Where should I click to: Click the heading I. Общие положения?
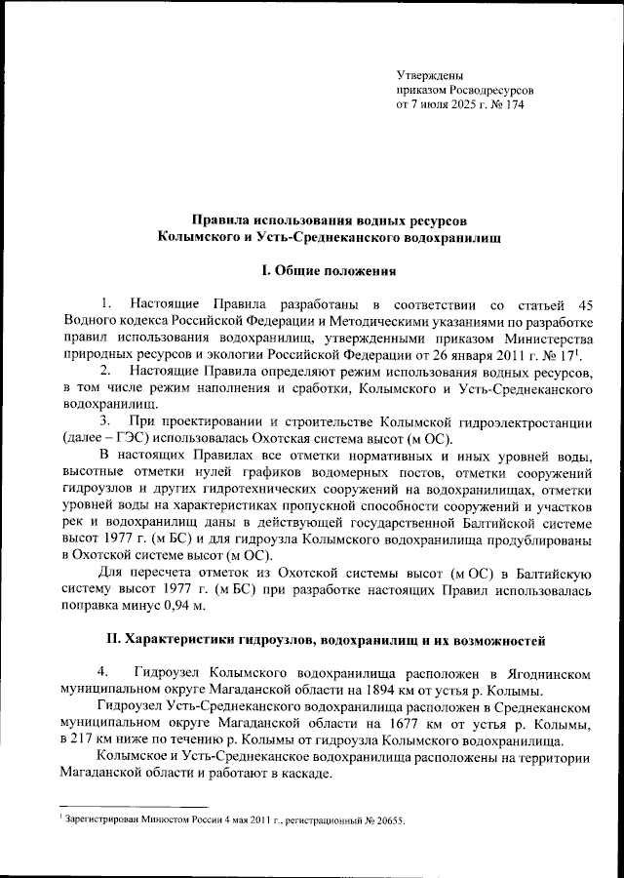point(311,269)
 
